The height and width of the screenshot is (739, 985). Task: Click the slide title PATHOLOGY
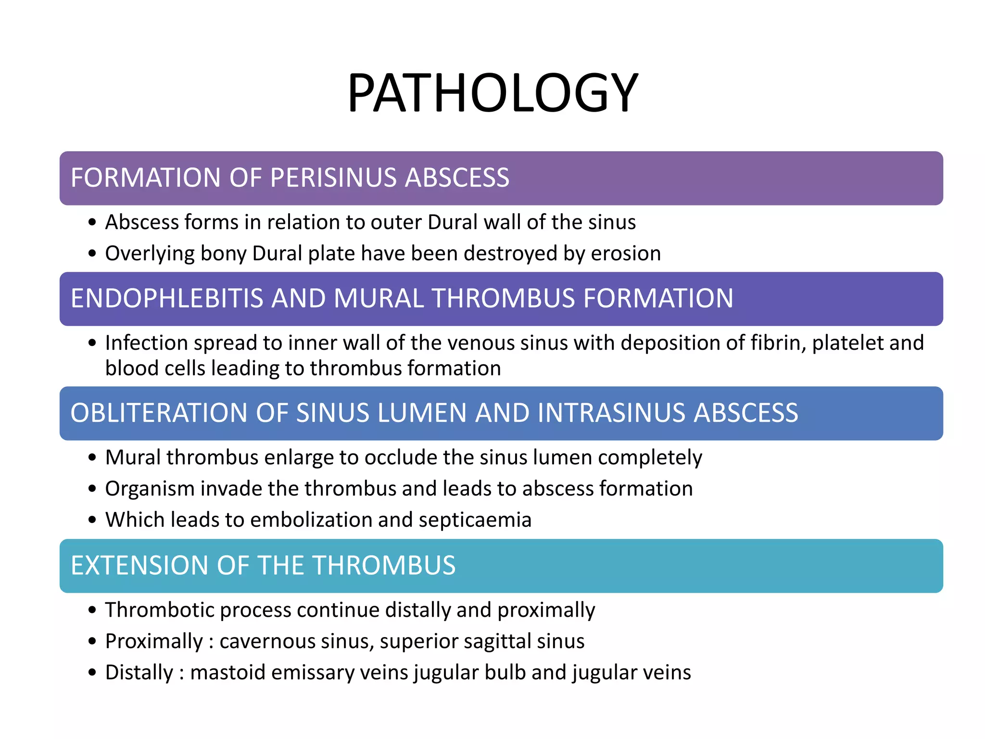click(492, 93)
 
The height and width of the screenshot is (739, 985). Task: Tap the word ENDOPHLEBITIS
click(167, 299)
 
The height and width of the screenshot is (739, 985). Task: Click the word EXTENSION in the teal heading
click(139, 566)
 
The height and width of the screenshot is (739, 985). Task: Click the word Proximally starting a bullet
click(154, 641)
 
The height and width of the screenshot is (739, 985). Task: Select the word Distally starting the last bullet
click(139, 673)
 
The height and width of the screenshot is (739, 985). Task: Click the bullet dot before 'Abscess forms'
click(92, 223)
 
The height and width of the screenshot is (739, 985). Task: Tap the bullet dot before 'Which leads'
click(92, 520)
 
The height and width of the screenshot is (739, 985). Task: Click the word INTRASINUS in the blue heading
click(610, 413)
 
